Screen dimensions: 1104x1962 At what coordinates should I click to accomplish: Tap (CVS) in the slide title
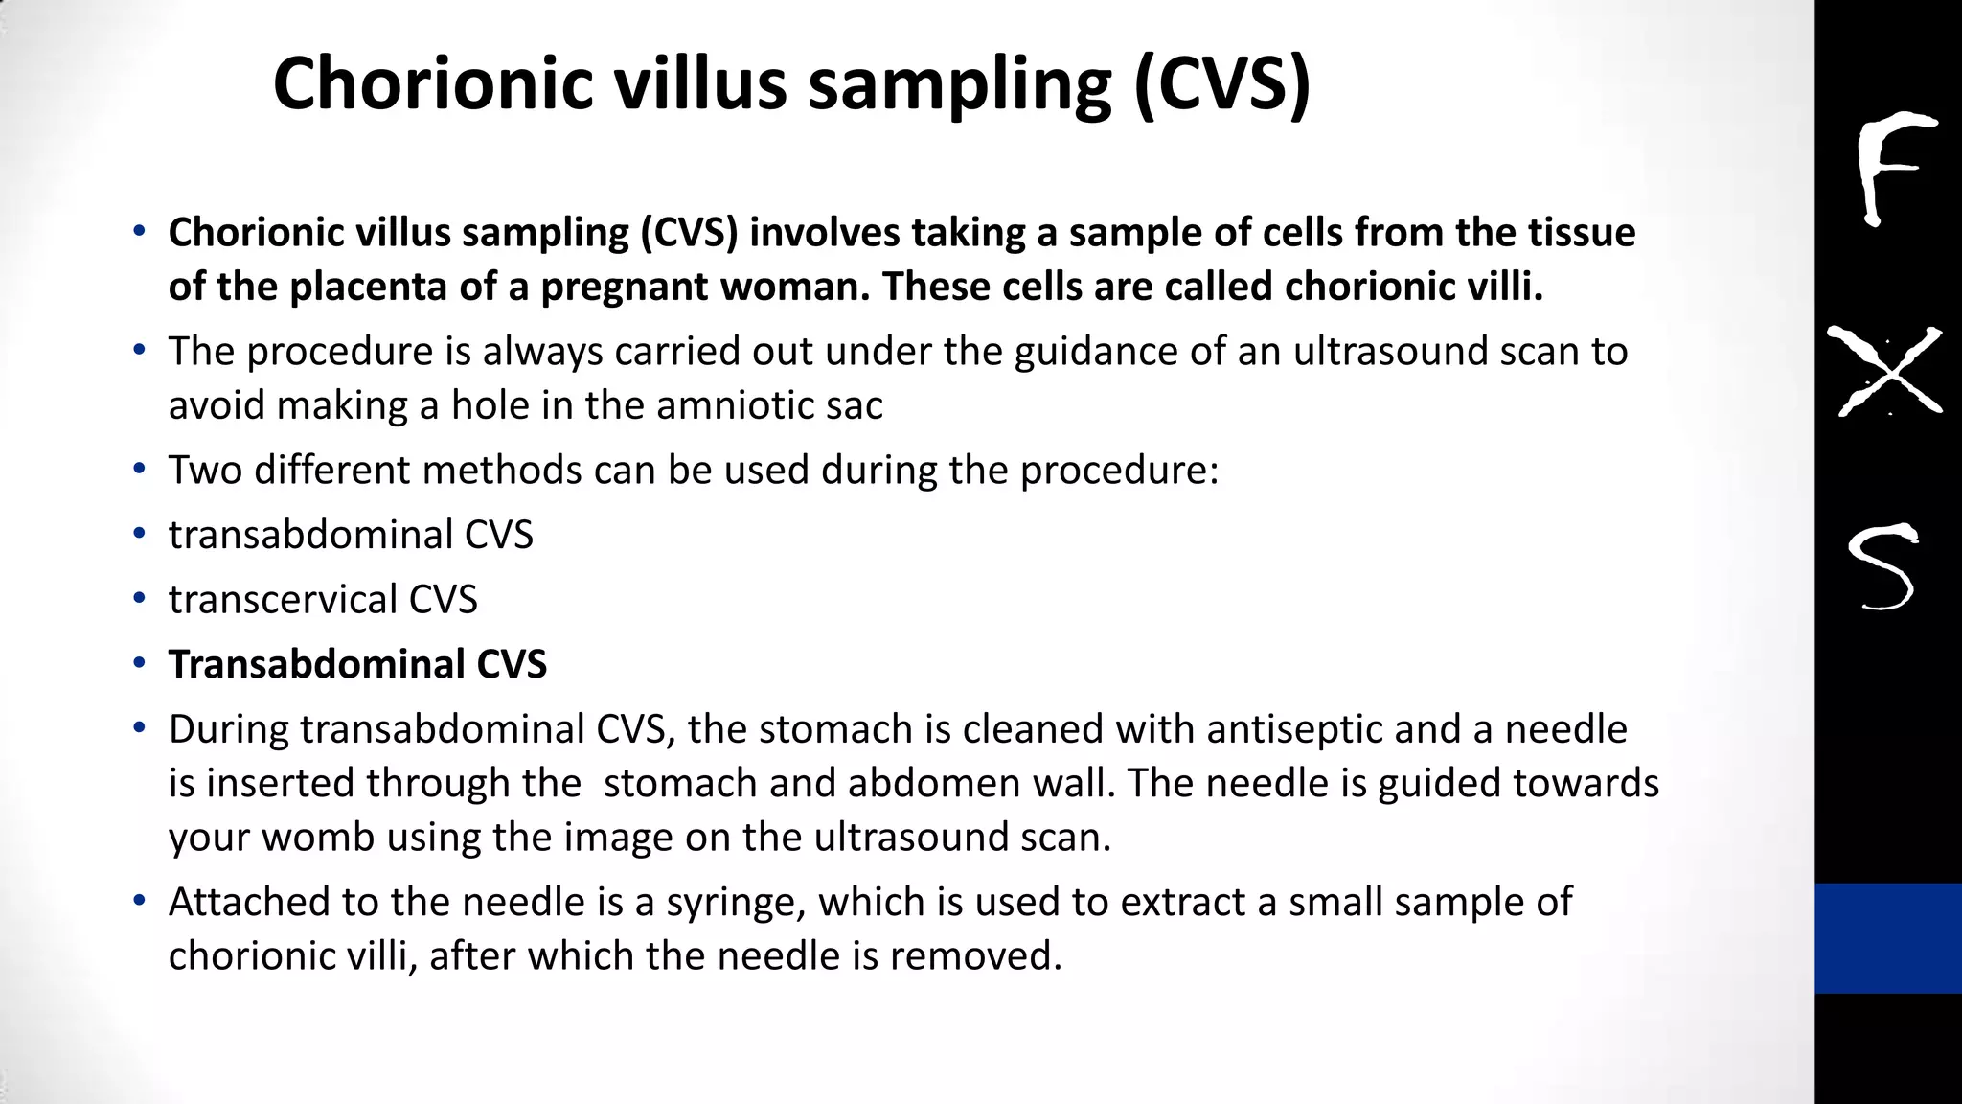coord(1221,84)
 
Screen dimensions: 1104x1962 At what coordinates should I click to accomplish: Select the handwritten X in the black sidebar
coord(1885,372)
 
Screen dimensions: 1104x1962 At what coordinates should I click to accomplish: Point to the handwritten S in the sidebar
coord(1883,567)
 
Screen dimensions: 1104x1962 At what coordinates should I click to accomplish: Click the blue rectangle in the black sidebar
coord(1887,937)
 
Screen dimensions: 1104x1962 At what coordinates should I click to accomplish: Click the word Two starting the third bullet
coord(205,471)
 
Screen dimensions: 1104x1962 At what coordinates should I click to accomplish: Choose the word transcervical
coord(283,600)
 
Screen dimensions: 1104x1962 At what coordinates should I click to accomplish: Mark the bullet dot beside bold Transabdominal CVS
coord(140,663)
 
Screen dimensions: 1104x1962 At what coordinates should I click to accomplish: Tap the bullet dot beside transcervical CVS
coord(140,599)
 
